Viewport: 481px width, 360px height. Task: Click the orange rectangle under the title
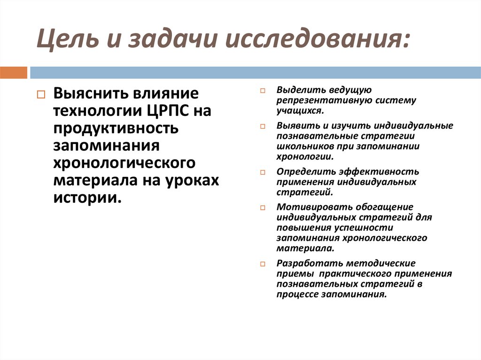pos(14,72)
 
